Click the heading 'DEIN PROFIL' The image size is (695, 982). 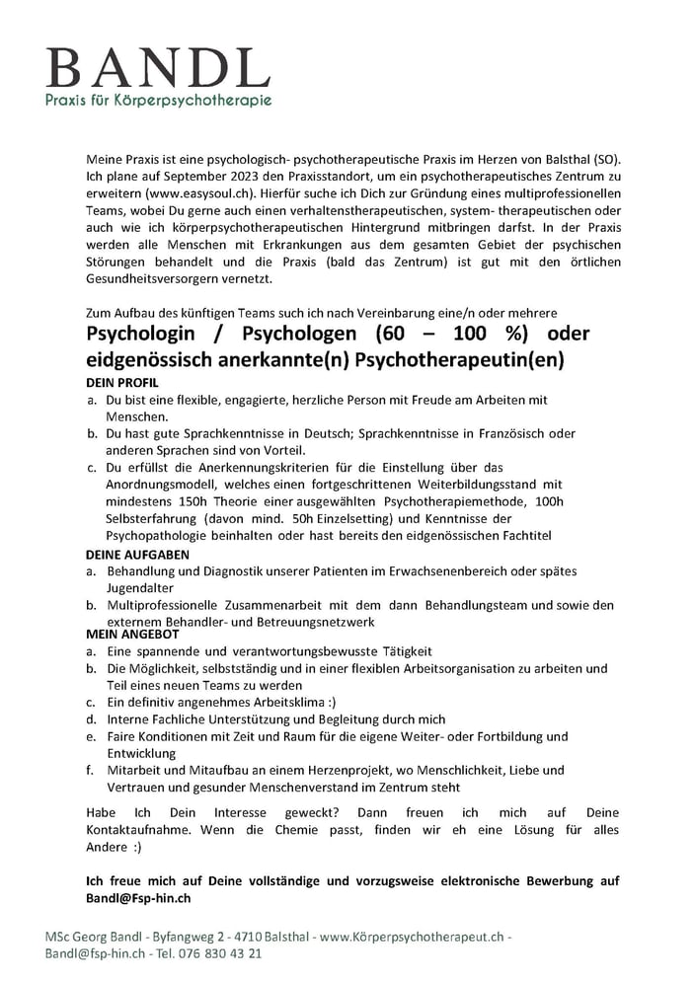click(123, 382)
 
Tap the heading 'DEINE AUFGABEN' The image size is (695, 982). click(137, 556)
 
